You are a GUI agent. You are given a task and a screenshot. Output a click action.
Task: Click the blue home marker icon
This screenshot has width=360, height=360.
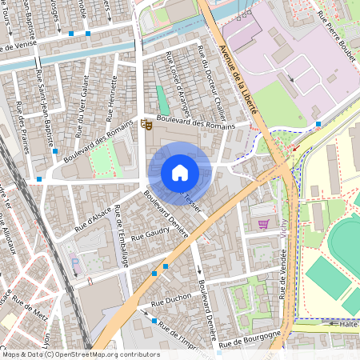[180, 172]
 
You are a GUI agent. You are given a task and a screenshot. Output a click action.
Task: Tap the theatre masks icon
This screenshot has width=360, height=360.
[146, 123]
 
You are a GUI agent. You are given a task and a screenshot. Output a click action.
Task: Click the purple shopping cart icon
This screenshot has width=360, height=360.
[263, 224]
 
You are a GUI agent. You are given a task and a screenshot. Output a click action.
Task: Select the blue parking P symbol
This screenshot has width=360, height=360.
[76, 262]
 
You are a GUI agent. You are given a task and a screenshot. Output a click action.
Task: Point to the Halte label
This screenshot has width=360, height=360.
[347, 324]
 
